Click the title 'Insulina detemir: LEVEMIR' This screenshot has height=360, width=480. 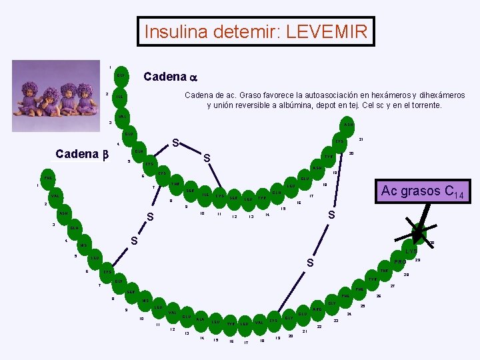pyautogui.click(x=255, y=31)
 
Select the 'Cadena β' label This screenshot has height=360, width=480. pyautogui.click(x=81, y=154)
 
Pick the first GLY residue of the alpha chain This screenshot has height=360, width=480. pyautogui.click(x=121, y=75)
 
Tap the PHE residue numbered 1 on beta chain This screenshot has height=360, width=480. pyautogui.click(x=48, y=178)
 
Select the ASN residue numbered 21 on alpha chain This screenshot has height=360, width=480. pyautogui.click(x=349, y=125)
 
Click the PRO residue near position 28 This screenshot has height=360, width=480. pyautogui.click(x=399, y=261)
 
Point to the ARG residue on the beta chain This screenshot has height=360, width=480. pyautogui.click(x=317, y=309)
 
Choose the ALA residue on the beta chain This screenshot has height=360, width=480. pyautogui.click(x=200, y=319)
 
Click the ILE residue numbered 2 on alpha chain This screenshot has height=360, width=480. pyautogui.click(x=119, y=97)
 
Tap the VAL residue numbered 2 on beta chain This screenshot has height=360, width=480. pyautogui.click(x=55, y=196)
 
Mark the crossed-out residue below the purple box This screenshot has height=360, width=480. pyautogui.click(x=419, y=232)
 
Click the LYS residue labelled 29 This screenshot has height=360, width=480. pyautogui.click(x=411, y=251)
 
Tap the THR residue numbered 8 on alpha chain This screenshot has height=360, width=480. pyautogui.click(x=175, y=184)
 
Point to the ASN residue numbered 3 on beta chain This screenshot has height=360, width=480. pyautogui.click(x=64, y=213)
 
